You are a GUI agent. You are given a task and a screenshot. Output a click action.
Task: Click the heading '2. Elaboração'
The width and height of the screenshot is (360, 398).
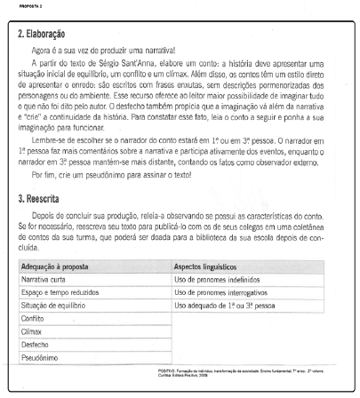click(43, 33)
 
